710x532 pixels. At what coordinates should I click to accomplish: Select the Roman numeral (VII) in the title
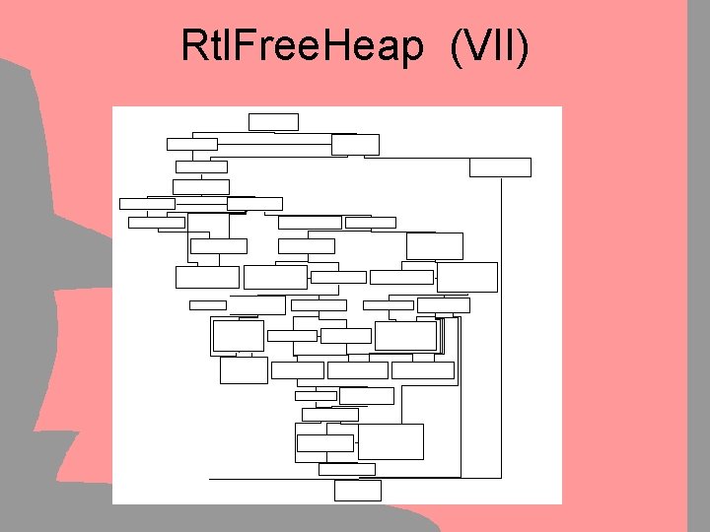pyautogui.click(x=488, y=46)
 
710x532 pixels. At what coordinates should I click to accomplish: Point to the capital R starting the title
pyautogui.click(x=192, y=46)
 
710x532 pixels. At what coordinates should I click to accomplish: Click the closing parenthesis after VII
pyautogui.click(x=523, y=46)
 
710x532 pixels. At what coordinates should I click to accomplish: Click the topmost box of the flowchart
pyautogui.click(x=273, y=121)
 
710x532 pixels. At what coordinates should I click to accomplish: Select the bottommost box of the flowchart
pyautogui.click(x=357, y=490)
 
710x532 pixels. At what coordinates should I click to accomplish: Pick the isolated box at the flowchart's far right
pyautogui.click(x=500, y=166)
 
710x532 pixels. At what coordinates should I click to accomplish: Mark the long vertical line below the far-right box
pyautogui.click(x=501, y=325)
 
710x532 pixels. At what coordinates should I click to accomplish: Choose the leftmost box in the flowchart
pyautogui.click(x=147, y=204)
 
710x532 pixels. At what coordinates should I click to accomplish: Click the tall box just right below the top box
pyautogui.click(x=355, y=144)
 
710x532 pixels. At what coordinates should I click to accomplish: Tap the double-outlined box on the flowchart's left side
pyautogui.click(x=238, y=336)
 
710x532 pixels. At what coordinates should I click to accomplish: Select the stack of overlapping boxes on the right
pyautogui.click(x=408, y=336)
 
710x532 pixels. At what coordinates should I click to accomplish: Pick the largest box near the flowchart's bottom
pyautogui.click(x=390, y=441)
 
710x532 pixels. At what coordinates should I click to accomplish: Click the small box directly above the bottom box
pyautogui.click(x=346, y=469)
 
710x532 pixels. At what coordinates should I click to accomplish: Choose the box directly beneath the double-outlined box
pyautogui.click(x=244, y=370)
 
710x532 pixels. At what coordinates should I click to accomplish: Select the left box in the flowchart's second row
pyautogui.click(x=192, y=144)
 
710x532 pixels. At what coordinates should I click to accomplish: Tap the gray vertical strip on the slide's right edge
pyautogui.click(x=697, y=266)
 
